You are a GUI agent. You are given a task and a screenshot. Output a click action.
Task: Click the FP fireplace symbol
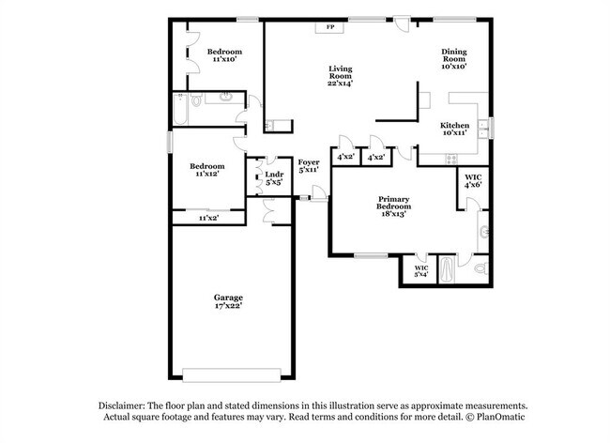pyautogui.click(x=329, y=27)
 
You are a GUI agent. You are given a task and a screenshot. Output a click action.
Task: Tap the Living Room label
pyautogui.click(x=340, y=71)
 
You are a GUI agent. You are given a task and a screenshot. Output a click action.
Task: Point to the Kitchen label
pyautogui.click(x=455, y=125)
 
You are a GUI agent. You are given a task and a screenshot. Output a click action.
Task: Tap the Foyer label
pyautogui.click(x=309, y=162)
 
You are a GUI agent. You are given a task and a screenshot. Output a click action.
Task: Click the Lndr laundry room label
pyautogui.click(x=274, y=175)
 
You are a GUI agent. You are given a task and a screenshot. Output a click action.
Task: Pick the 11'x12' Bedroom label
pyautogui.click(x=207, y=170)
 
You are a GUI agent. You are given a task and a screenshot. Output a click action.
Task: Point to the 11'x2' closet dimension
pyautogui.click(x=208, y=218)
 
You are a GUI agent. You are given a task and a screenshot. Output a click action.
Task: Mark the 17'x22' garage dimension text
pyautogui.click(x=229, y=309)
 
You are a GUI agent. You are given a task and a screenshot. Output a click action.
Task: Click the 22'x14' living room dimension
pyautogui.click(x=340, y=84)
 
